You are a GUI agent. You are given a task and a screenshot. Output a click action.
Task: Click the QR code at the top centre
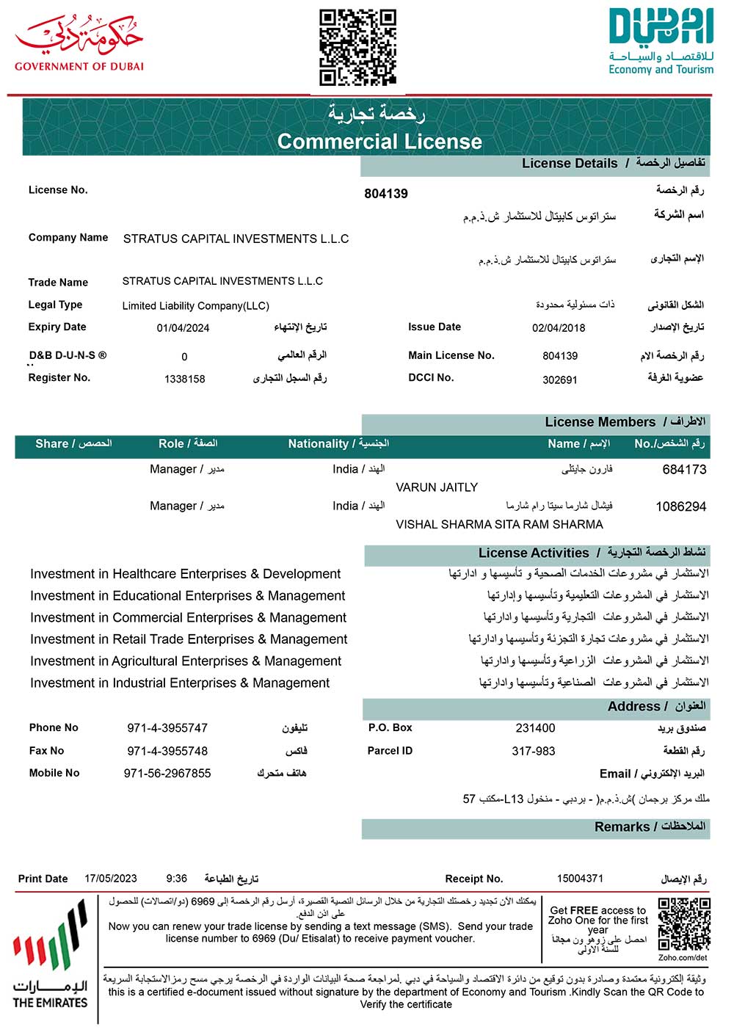pyautogui.click(x=357, y=47)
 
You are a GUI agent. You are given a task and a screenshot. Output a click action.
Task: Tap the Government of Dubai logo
pyautogui.click(x=79, y=43)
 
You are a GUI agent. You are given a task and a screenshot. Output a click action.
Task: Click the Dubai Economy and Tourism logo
pyautogui.click(x=661, y=42)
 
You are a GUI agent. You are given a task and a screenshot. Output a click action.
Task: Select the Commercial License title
pyautogui.click(x=379, y=142)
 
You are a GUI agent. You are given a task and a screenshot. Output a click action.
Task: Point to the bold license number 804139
pyautogui.click(x=386, y=194)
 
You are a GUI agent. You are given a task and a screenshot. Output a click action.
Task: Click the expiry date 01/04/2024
pyautogui.click(x=183, y=328)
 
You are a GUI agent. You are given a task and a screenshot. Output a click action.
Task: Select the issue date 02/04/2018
pyautogui.click(x=559, y=328)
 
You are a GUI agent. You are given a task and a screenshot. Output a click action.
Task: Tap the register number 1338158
pyautogui.click(x=185, y=379)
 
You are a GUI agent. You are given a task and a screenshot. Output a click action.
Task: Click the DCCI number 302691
pyautogui.click(x=560, y=379)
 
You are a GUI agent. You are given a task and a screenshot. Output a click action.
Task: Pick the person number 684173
pyautogui.click(x=684, y=470)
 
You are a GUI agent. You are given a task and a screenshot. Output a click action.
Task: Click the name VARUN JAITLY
pyautogui.click(x=437, y=487)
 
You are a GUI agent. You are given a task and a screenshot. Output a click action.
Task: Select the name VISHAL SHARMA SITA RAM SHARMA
pyautogui.click(x=499, y=524)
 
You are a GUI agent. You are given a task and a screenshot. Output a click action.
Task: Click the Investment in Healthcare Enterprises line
pyautogui.click(x=185, y=574)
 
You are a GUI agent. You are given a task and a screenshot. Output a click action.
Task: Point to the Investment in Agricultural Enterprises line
pyautogui.click(x=186, y=661)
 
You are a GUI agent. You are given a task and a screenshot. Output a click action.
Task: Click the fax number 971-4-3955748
pyautogui.click(x=167, y=751)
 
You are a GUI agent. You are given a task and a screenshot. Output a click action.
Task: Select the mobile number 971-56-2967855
pyautogui.click(x=167, y=773)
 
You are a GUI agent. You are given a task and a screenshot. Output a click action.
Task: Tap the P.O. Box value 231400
pyautogui.click(x=535, y=728)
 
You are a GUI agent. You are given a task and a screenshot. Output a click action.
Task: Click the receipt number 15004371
pyautogui.click(x=580, y=878)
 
